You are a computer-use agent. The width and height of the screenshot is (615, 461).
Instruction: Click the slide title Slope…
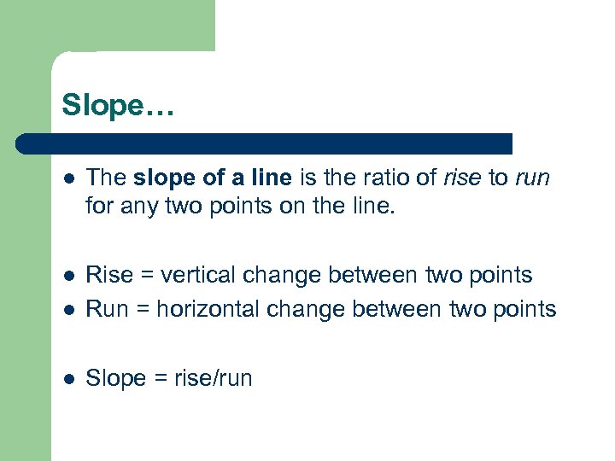click(116, 105)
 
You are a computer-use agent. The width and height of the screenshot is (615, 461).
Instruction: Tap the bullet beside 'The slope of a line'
click(70, 178)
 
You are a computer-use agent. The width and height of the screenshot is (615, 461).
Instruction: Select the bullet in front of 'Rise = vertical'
click(70, 276)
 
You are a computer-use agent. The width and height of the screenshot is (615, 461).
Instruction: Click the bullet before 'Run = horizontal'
click(70, 309)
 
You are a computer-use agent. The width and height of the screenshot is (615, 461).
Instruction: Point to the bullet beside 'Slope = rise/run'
click(70, 378)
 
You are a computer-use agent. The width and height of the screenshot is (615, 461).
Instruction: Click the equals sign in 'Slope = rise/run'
click(159, 378)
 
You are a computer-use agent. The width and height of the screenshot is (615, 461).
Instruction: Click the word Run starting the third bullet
click(108, 308)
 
